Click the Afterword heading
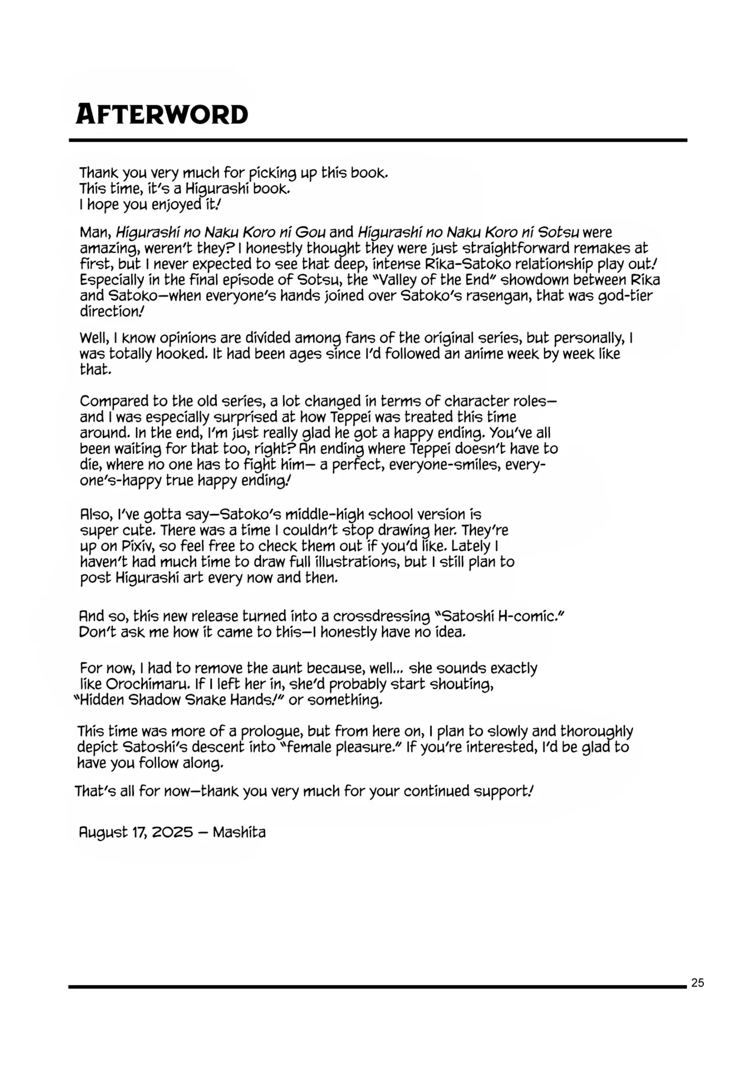162,114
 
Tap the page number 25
697,983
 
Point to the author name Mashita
239,832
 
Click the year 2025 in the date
172,832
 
